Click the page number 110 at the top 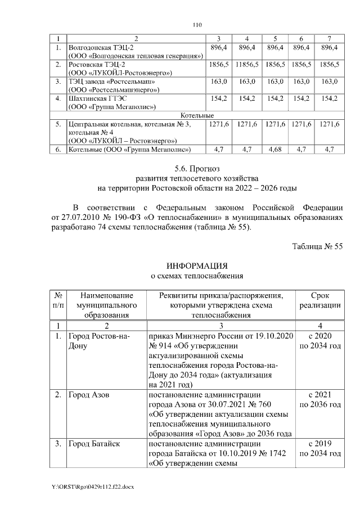[x=197, y=25]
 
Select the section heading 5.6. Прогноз [x=196, y=168]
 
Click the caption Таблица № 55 [x=317, y=245]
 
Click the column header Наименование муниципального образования [x=107, y=305]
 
